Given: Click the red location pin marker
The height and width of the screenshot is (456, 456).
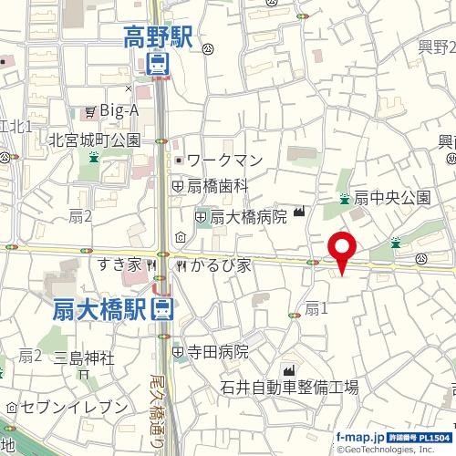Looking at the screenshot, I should click(342, 249).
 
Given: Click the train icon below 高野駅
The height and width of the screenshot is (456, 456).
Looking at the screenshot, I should click(158, 64).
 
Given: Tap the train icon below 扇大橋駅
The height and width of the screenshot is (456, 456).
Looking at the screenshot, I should click(162, 308).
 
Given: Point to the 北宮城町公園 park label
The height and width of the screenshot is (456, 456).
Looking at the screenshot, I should click(95, 140).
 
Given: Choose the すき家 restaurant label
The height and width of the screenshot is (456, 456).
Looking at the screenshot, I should click(121, 265).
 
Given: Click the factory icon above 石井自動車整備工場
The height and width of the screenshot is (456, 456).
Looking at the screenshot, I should click(289, 370).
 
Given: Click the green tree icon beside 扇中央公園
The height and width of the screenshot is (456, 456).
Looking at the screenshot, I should click(344, 198).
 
